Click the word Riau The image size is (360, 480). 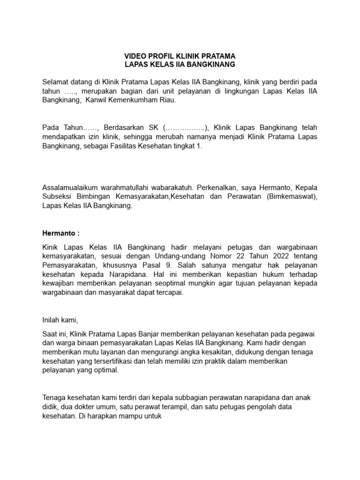(x=167, y=100)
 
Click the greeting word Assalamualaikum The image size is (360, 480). (x=71, y=187)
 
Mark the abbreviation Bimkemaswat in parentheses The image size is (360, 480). (x=289, y=196)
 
